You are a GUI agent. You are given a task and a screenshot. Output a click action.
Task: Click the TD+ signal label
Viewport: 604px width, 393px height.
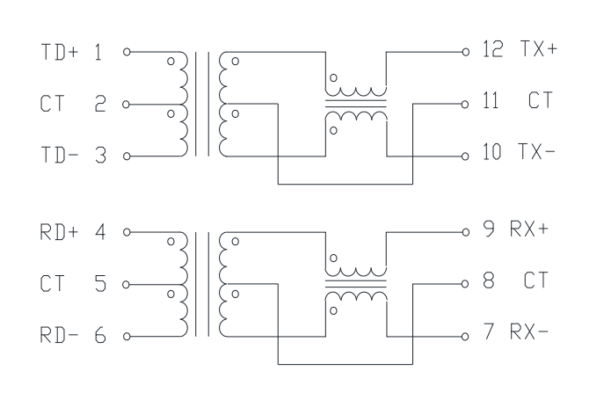point(59,52)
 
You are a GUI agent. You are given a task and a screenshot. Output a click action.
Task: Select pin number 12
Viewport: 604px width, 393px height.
point(492,49)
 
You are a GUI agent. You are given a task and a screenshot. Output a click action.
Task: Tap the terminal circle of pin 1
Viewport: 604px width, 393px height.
point(127,52)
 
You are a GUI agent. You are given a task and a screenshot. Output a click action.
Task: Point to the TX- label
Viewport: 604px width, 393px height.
point(536,151)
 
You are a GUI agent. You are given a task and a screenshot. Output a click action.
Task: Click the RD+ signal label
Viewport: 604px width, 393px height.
point(59,232)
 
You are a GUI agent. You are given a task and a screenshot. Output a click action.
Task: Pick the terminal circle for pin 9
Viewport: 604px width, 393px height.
point(466,232)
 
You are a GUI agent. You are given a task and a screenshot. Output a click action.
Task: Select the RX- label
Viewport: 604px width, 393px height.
point(529,331)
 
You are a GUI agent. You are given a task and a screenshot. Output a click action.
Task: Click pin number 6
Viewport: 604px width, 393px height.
point(100,335)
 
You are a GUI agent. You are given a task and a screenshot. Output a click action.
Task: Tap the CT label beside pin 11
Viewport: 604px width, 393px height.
point(541,100)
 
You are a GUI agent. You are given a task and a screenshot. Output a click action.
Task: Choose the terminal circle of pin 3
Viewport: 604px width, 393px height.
point(127,156)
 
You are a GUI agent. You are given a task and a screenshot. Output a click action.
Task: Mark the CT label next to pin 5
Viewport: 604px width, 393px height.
point(52,283)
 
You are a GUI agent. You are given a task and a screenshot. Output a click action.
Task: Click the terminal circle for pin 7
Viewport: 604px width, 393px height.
point(465,337)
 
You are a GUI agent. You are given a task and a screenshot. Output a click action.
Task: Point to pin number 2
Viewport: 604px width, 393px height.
point(100,103)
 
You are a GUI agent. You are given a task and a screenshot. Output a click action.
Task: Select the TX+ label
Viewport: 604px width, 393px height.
point(539,49)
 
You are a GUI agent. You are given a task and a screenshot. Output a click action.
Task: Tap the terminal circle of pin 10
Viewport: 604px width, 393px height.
point(465,156)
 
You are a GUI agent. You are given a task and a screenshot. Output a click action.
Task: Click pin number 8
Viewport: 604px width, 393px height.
point(489,280)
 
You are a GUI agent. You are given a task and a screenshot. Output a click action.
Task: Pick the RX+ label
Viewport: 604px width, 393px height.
point(529,229)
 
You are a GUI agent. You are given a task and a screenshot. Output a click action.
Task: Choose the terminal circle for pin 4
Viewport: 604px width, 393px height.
point(127,232)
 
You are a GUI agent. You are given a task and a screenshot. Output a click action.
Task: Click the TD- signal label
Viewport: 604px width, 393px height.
point(59,155)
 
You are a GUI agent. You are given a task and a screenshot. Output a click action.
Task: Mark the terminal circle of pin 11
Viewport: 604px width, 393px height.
point(465,104)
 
